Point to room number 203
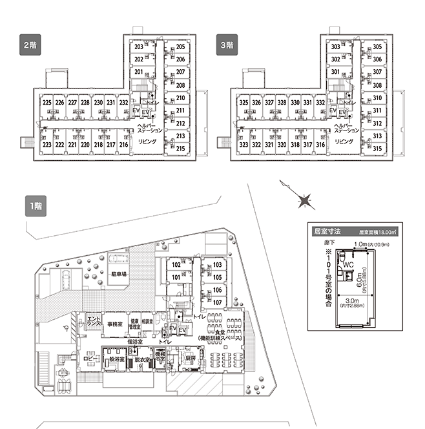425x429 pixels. (x=138, y=47)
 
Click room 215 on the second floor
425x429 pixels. (x=181, y=148)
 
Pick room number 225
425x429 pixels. (x=47, y=102)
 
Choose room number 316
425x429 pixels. (x=320, y=145)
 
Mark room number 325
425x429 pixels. (x=244, y=102)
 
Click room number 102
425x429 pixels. (x=175, y=265)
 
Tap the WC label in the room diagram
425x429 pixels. (x=348, y=265)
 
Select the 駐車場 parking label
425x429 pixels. (x=118, y=275)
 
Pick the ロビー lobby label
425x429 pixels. (x=90, y=357)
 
